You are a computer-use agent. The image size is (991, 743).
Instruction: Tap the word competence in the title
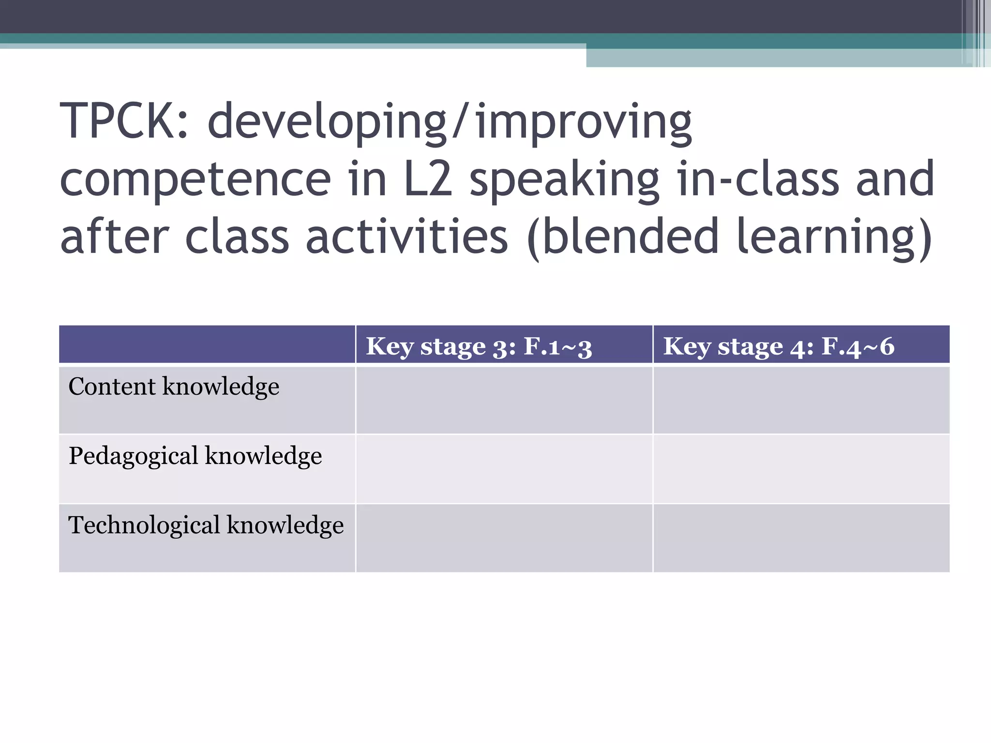(x=195, y=180)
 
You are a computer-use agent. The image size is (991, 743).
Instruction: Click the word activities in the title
(x=407, y=237)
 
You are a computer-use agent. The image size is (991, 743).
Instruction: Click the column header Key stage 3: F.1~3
(x=479, y=346)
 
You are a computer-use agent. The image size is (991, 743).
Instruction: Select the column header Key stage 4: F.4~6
(x=779, y=346)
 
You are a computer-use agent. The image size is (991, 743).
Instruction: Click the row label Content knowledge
(x=174, y=387)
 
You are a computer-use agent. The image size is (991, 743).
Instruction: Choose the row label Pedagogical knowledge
(x=195, y=456)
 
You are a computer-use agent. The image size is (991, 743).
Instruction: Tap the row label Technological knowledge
(x=206, y=526)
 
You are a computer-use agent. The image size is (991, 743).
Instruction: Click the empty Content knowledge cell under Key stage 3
(x=504, y=400)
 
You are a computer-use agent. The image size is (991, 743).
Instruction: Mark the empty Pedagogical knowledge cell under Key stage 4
(x=801, y=469)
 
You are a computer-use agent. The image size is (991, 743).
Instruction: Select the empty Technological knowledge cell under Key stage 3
(x=504, y=538)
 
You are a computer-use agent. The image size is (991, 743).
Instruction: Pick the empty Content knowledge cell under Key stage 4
(x=801, y=400)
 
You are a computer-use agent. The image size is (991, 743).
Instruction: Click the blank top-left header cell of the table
(x=207, y=344)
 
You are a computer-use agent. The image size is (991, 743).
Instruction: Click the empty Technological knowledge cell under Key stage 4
(x=801, y=538)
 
